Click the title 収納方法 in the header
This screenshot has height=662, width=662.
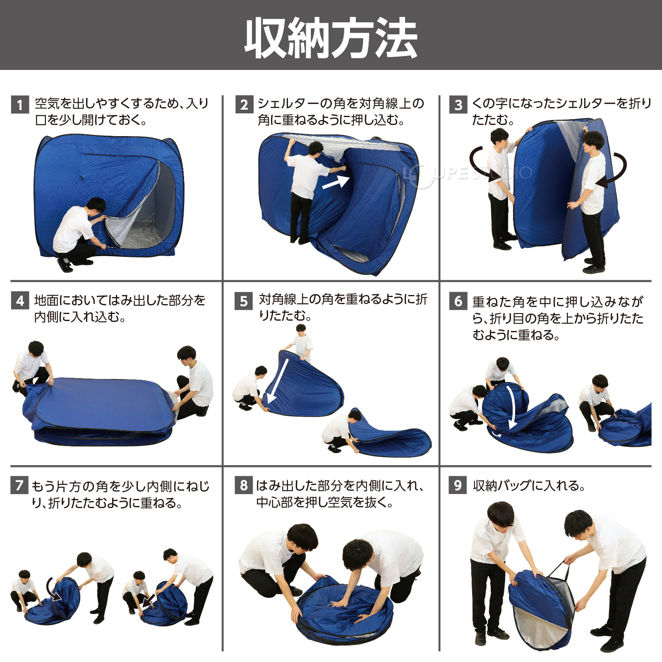click(x=331, y=38)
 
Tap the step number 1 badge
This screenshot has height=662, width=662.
click(x=20, y=105)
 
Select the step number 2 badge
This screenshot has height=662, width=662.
click(x=244, y=105)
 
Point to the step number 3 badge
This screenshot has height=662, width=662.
click(x=458, y=105)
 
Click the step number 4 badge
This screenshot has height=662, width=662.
click(x=20, y=301)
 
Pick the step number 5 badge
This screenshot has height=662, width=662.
click(x=244, y=301)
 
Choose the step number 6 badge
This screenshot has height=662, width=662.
click(x=458, y=301)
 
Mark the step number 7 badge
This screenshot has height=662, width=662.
click(x=19, y=485)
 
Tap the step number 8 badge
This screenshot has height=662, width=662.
click(x=244, y=485)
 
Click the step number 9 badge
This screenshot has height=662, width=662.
click(x=458, y=485)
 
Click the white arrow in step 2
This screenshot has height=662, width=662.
click(x=336, y=182)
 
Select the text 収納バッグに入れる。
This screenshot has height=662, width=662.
click(x=529, y=485)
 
